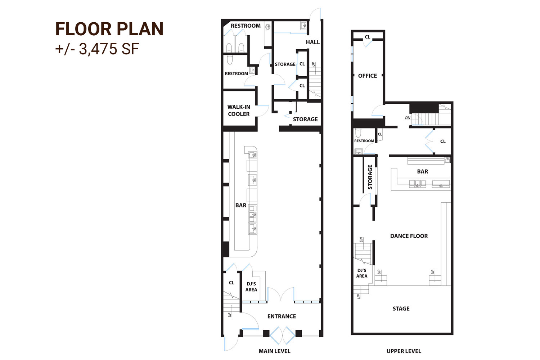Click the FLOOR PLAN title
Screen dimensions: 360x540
tap(109, 29)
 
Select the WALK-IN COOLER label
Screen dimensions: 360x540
tap(239, 111)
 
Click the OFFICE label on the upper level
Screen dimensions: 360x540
tap(368, 76)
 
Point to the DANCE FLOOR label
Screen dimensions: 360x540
tap(409, 236)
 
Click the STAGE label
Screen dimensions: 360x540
tap(401, 309)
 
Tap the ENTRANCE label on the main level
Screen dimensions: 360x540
tap(282, 316)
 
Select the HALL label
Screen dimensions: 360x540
tap(312, 42)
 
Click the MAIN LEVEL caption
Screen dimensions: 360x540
tap(274, 351)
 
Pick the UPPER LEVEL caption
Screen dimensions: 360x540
tap(404, 351)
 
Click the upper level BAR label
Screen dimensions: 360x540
tap(422, 172)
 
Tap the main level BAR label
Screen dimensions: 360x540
tap(241, 206)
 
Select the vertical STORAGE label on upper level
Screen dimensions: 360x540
tap(370, 177)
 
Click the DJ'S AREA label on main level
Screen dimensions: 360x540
tap(251, 287)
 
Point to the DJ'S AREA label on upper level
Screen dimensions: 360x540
tap(362, 273)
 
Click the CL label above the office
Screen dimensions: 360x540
tap(367, 37)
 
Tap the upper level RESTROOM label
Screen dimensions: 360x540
tap(364, 141)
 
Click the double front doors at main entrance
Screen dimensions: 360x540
tap(282, 335)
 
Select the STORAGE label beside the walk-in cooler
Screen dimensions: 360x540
tap(305, 119)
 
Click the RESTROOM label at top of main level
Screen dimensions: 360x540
tap(246, 26)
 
